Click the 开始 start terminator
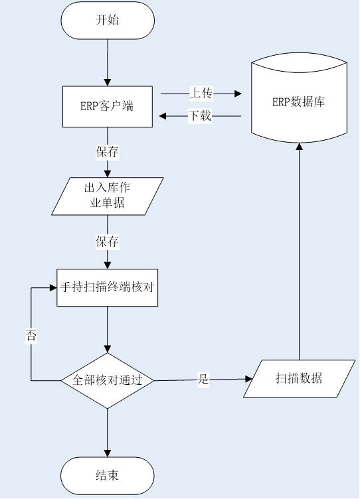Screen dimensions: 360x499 pyautogui.click(x=108, y=21)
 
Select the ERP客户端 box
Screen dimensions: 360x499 pyautogui.click(x=108, y=107)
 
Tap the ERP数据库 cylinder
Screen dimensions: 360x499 pyautogui.click(x=299, y=98)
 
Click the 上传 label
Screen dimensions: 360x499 pyautogui.click(x=201, y=94)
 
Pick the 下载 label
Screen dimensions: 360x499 pyautogui.click(x=200, y=116)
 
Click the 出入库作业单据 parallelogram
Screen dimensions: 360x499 pyautogui.click(x=108, y=196)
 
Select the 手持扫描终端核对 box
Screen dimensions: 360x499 pyautogui.click(x=108, y=288)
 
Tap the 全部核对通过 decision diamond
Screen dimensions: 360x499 pyautogui.click(x=108, y=381)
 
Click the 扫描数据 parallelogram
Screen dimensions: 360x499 pyautogui.click(x=299, y=379)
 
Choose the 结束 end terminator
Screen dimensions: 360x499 pyautogui.click(x=108, y=476)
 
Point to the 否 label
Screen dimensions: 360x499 pyautogui.click(x=31, y=336)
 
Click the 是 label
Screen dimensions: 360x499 pyautogui.click(x=203, y=380)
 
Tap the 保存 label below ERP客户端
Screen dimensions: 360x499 pyautogui.click(x=108, y=152)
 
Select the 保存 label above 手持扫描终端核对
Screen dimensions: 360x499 pyautogui.click(x=108, y=242)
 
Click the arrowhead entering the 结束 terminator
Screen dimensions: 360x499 pyautogui.click(x=108, y=453)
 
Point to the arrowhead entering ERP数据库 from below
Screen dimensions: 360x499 pyautogui.click(x=299, y=147)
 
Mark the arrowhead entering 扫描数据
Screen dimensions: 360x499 pyautogui.click(x=248, y=379)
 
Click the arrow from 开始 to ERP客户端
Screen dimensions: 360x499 pyautogui.click(x=108, y=62)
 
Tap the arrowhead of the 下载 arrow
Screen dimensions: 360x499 pyautogui.click(x=163, y=116)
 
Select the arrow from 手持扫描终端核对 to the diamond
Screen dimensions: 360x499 pyautogui.click(x=108, y=329)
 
